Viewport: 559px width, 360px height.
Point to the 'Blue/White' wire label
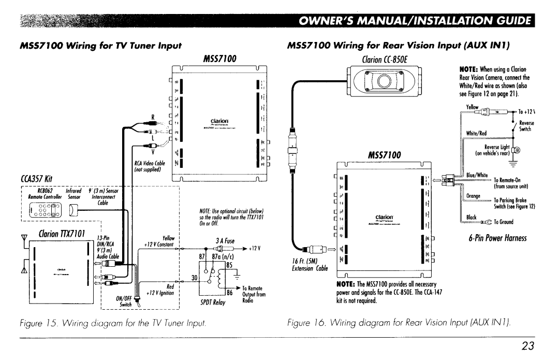476,175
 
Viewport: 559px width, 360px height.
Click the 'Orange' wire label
474,196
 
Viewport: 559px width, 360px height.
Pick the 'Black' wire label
470,218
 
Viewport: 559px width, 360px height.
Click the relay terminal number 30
196,277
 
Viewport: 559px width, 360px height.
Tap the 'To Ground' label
504,222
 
